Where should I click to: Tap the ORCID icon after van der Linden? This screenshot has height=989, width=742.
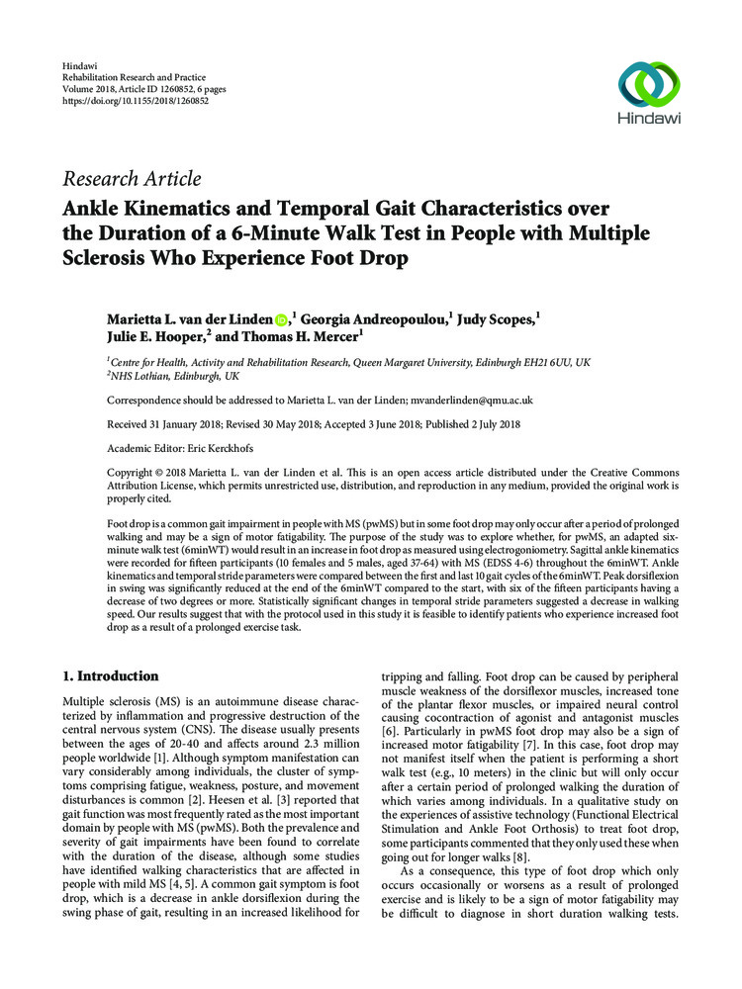(x=281, y=319)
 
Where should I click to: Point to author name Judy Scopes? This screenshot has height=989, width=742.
(x=497, y=319)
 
